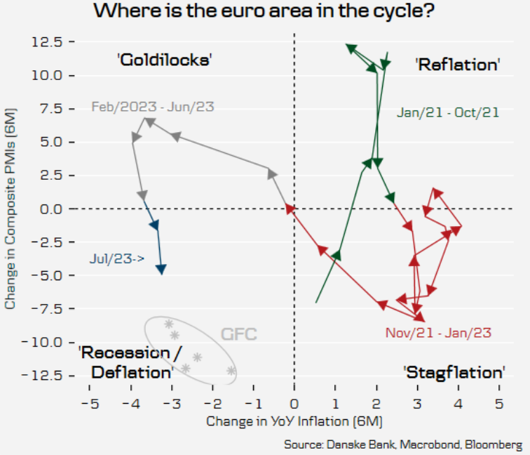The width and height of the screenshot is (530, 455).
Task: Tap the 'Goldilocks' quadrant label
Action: coord(165,60)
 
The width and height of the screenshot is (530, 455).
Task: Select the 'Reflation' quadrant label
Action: coord(458,65)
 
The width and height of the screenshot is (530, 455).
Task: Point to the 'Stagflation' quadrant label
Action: coord(454,371)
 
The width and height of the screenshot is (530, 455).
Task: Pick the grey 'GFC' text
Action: coord(239,334)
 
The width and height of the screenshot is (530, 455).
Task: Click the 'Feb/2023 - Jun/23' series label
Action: coord(153,107)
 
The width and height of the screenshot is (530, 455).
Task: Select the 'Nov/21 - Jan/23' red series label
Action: coord(439,333)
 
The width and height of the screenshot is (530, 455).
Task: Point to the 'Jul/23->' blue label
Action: coord(117,258)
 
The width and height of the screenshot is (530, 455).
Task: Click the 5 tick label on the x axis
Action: coord(499,405)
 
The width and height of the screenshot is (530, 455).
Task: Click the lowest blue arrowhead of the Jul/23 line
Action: coord(161,269)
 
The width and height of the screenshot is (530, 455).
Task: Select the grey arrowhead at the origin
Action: coord(290,208)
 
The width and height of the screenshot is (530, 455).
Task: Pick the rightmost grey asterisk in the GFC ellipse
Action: coord(231,371)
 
